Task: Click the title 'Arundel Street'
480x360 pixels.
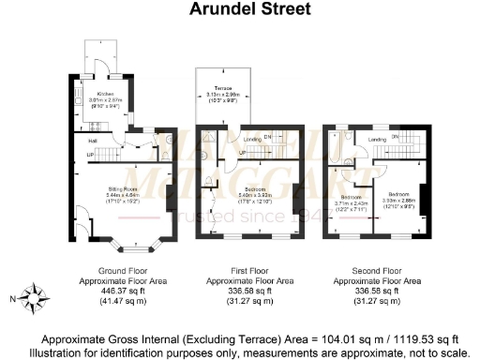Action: coord(239,10)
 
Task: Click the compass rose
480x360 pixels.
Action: coord(37,299)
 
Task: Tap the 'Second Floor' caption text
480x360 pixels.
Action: coord(379,271)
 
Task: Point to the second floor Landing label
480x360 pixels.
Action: coord(378,140)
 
